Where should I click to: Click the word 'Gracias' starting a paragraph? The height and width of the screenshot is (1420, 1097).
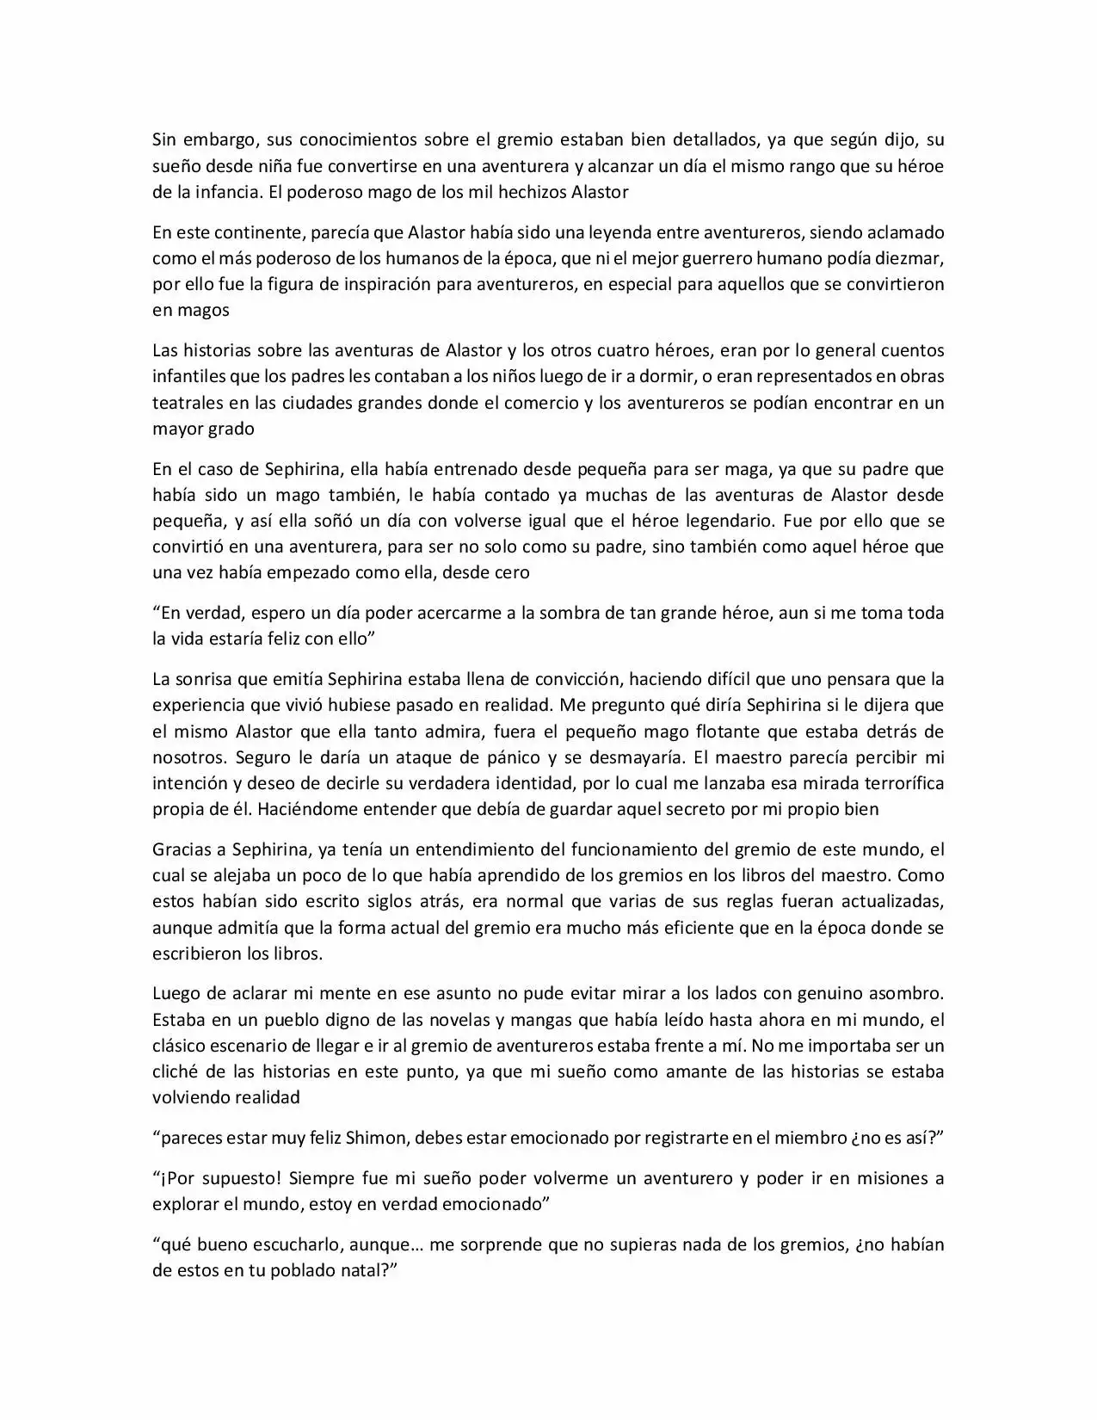[x=182, y=849]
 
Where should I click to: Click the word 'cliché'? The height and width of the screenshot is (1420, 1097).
[x=176, y=1071]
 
